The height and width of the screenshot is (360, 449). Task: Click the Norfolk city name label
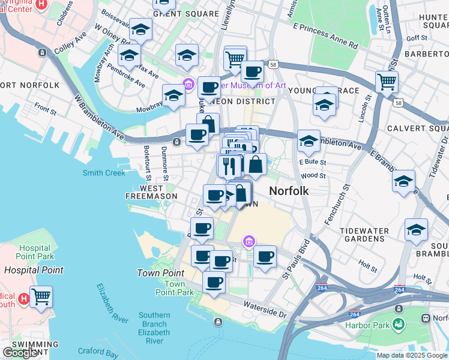289,191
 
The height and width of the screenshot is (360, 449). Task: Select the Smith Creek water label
104,173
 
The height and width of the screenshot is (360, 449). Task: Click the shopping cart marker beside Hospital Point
41,297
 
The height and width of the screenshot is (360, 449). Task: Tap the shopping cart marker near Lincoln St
387,82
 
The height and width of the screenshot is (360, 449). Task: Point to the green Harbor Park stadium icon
397,325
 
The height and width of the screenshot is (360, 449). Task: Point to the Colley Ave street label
71,43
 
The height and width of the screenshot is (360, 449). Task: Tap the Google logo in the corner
20,353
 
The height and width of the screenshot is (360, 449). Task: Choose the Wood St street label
313,176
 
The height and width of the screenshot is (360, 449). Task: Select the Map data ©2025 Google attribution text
412,355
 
